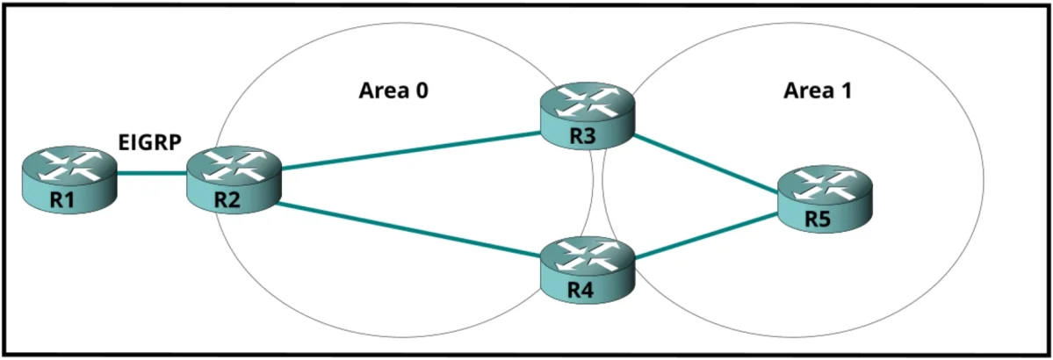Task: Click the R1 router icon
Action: click(69, 182)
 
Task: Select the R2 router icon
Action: click(233, 182)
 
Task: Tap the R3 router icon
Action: click(588, 118)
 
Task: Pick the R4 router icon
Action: click(588, 267)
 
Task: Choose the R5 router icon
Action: click(826, 198)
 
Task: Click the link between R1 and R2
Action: click(151, 173)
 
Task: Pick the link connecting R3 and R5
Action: click(706, 162)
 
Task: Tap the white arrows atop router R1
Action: click(69, 167)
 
